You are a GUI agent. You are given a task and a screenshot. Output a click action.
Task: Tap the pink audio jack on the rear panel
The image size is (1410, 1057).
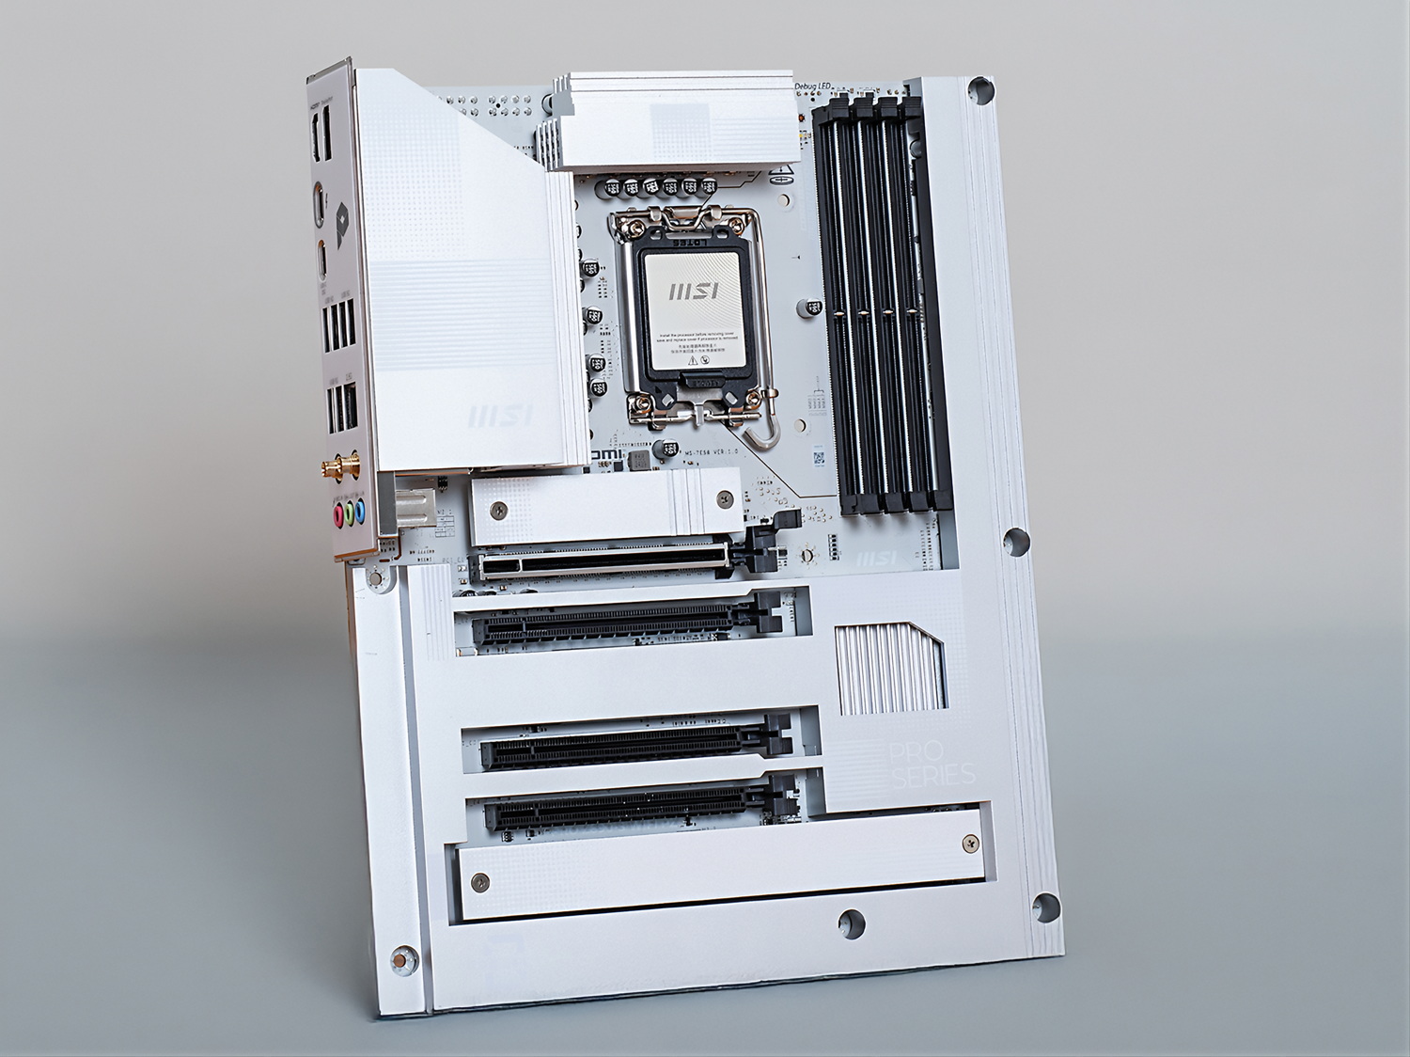point(336,514)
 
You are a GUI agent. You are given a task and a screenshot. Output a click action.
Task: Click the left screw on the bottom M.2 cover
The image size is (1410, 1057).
point(480,882)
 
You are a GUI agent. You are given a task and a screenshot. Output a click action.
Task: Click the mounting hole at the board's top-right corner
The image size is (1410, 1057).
point(980,91)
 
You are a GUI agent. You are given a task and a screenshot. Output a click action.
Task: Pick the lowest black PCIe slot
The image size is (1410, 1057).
point(639,807)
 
